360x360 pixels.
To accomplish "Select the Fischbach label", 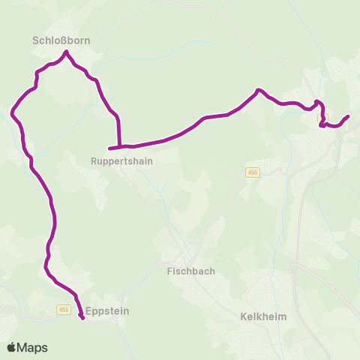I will click(x=187, y=272).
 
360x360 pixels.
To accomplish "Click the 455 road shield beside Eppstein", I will click(x=63, y=310).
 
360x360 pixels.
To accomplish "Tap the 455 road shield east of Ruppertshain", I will click(x=251, y=172).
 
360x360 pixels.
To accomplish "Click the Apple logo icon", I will click(x=12, y=347).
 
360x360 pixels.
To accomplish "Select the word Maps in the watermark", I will click(x=32, y=347).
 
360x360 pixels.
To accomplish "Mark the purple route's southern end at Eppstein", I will click(x=82, y=319).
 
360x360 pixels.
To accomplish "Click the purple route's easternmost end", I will click(x=349, y=116).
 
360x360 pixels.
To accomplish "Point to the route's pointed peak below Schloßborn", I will click(x=67, y=52).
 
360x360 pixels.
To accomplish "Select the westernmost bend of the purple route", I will click(x=12, y=113).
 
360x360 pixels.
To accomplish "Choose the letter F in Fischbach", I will click(x=169, y=272).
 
